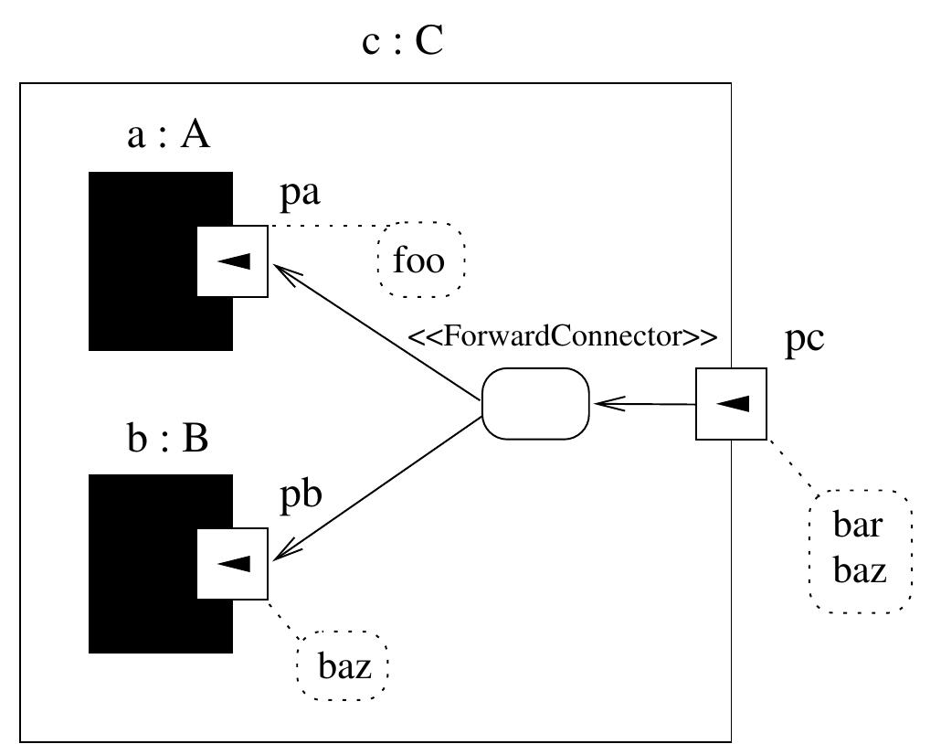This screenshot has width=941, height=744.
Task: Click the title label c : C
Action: point(403,42)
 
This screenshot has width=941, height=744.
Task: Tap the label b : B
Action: point(168,439)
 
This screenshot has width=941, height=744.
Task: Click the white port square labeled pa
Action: point(233,261)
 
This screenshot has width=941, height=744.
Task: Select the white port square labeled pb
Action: point(233,563)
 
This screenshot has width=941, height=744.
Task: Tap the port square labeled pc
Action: point(731,403)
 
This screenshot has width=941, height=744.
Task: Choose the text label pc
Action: point(805,339)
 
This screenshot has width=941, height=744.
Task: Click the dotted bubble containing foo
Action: point(421,261)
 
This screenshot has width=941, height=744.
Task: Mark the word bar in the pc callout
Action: point(858,526)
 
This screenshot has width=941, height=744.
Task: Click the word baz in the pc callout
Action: point(860,571)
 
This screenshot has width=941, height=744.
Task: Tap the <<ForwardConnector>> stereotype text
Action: point(562,336)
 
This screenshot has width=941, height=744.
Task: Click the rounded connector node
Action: point(536,403)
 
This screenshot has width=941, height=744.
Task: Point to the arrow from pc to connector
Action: point(644,403)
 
